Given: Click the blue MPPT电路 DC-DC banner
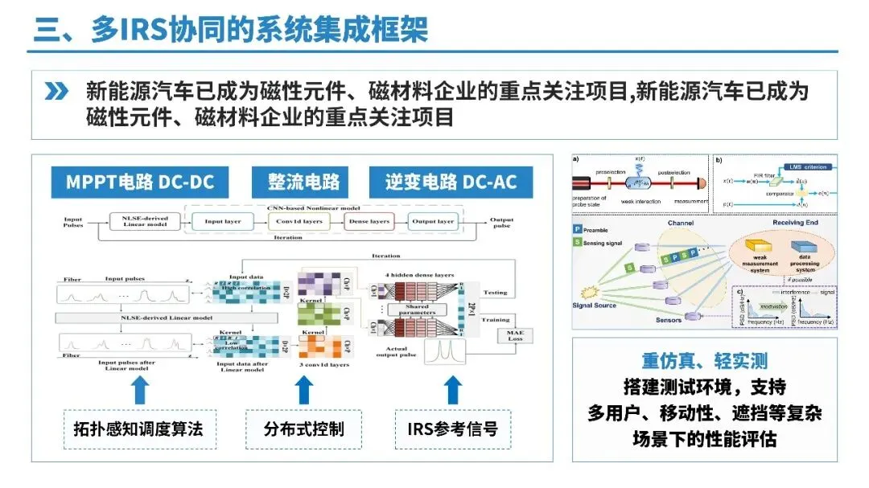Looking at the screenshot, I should [x=140, y=182].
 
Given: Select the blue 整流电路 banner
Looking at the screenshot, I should [x=303, y=182].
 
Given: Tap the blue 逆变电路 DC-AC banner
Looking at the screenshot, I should [x=450, y=182].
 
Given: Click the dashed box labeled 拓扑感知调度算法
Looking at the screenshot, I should [x=134, y=429].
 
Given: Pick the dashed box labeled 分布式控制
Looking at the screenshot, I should [x=303, y=429].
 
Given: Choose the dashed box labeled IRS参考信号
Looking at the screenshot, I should [x=452, y=429].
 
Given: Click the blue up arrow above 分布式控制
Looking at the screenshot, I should [x=303, y=389].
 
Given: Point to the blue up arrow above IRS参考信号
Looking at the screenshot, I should [x=453, y=389].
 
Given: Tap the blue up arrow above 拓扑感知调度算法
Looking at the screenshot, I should [x=140, y=389].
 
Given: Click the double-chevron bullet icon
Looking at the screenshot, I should [x=56, y=92].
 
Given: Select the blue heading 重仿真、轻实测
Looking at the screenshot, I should [x=705, y=361].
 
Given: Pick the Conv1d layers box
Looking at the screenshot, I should [x=298, y=221].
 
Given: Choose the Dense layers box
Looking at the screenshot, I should [x=369, y=221].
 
